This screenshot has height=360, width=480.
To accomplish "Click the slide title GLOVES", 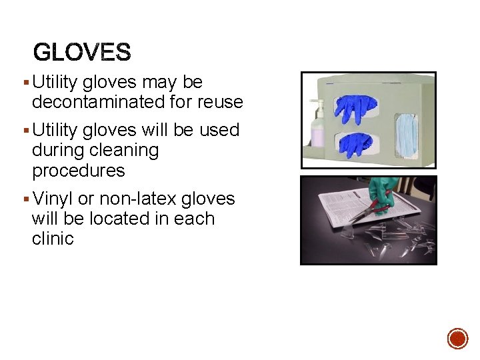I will tap(82, 51).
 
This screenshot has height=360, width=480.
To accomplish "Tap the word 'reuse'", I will tap(219, 102).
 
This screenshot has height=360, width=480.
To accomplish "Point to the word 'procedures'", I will tap(78, 171).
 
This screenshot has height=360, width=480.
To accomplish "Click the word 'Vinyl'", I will tap(53, 199).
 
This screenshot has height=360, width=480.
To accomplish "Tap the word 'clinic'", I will tap(53, 239).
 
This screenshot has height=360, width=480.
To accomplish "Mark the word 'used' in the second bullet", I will tap(219, 129).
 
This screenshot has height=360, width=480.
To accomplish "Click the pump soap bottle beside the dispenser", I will tap(317, 127).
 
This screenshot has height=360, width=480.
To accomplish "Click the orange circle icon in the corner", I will tap(457, 338).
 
